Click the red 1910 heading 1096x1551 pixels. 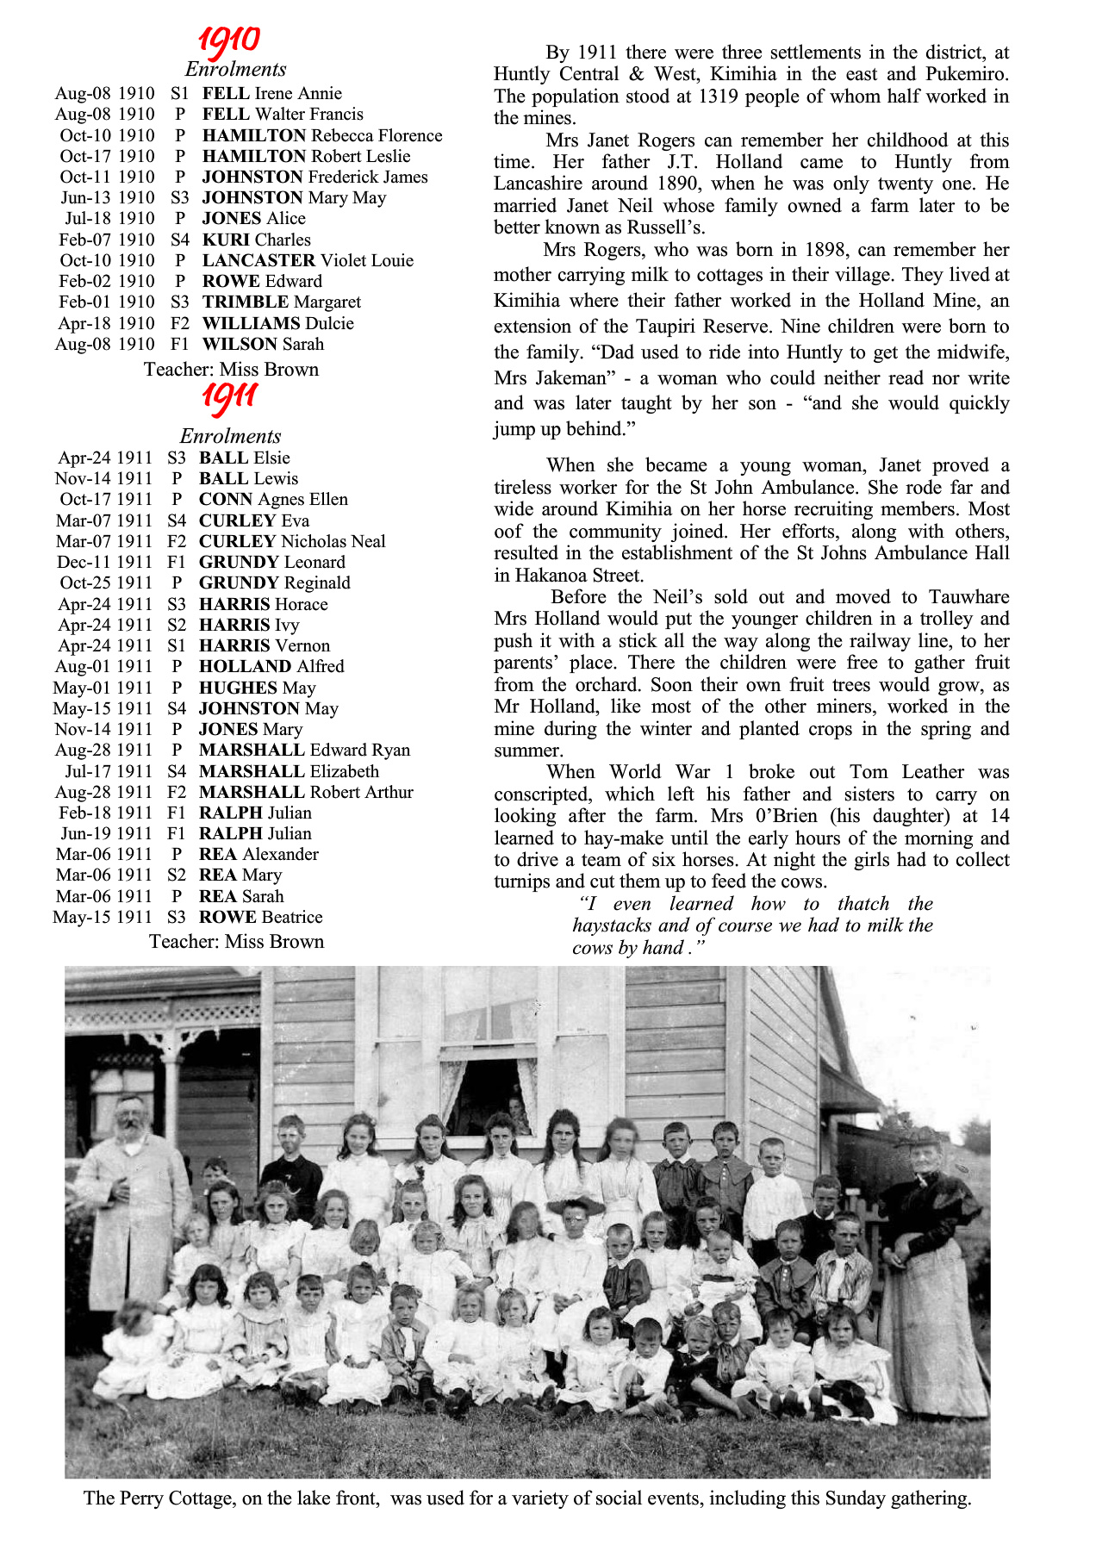coord(228,40)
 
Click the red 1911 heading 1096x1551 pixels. coord(230,397)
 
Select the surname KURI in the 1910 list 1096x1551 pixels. coord(226,240)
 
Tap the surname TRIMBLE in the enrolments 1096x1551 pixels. coord(245,302)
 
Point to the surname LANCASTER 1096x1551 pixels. coord(258,260)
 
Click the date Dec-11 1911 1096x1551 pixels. coord(103,562)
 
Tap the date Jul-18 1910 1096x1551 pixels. coord(109,219)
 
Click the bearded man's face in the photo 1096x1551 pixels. coord(131,1117)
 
